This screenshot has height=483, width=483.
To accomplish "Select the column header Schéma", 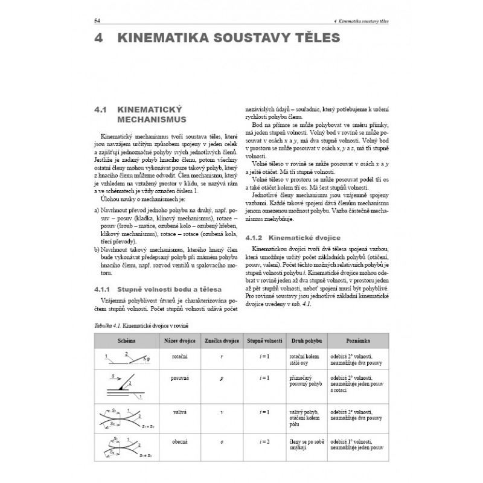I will coord(127,341).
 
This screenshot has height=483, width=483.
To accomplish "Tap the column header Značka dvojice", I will coord(222,341).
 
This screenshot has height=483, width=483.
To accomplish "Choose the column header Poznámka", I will coord(358,341).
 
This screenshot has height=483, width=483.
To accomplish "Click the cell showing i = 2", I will coord(264,442).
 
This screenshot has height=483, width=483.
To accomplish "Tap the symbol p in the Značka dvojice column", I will coord(222,378).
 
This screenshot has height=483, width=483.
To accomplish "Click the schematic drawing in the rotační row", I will coord(127,360).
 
